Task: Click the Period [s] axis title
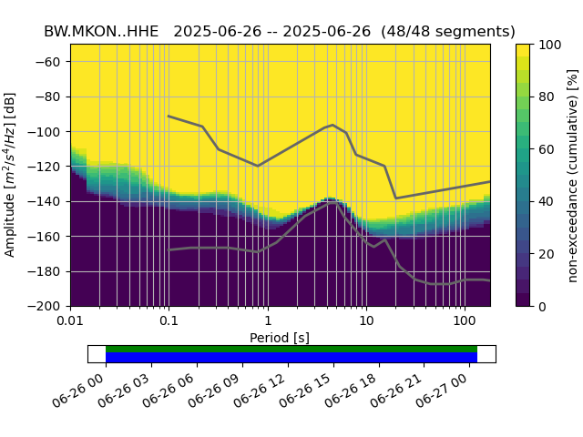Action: tap(280, 338)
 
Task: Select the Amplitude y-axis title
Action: tap(11, 175)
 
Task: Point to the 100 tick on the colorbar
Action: tap(550, 45)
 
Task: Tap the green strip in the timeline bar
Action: tap(291, 349)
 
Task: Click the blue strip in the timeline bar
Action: tap(291, 357)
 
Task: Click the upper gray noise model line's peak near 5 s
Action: tap(332, 125)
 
